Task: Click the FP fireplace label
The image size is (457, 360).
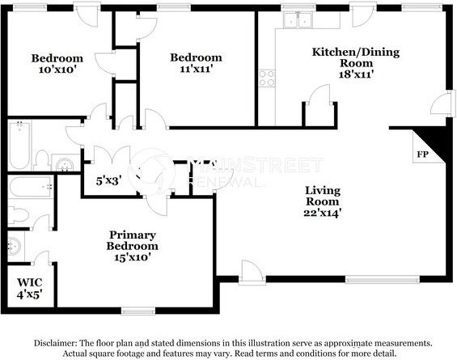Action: pyautogui.click(x=422, y=155)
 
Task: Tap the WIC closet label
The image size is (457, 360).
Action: pyautogui.click(x=29, y=282)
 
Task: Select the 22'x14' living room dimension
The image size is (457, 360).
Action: pyautogui.click(x=323, y=213)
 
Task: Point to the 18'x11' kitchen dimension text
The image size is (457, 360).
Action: pyautogui.click(x=356, y=74)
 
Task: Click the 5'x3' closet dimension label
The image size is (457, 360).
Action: pyautogui.click(x=108, y=181)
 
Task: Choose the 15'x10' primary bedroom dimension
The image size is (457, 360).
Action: pyautogui.click(x=133, y=257)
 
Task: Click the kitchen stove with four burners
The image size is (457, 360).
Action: pyautogui.click(x=267, y=78)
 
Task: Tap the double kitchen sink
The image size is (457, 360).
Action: pyautogui.click(x=298, y=20)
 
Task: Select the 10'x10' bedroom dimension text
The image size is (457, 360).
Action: pyautogui.click(x=57, y=70)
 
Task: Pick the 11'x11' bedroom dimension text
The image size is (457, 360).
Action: pyautogui.click(x=196, y=69)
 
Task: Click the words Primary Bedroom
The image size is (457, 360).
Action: pyautogui.click(x=133, y=240)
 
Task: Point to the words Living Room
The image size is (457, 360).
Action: pyautogui.click(x=323, y=196)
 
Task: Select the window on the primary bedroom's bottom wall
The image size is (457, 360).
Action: pyautogui.click(x=138, y=311)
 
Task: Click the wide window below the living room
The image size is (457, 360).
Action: pyautogui.click(x=383, y=280)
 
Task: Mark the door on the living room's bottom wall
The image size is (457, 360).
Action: pyautogui.click(x=252, y=272)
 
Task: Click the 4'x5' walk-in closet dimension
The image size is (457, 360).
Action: pyautogui.click(x=30, y=294)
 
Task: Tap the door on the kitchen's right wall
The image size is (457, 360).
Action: pyautogui.click(x=442, y=103)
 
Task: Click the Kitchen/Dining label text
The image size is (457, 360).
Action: pyautogui.click(x=356, y=52)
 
